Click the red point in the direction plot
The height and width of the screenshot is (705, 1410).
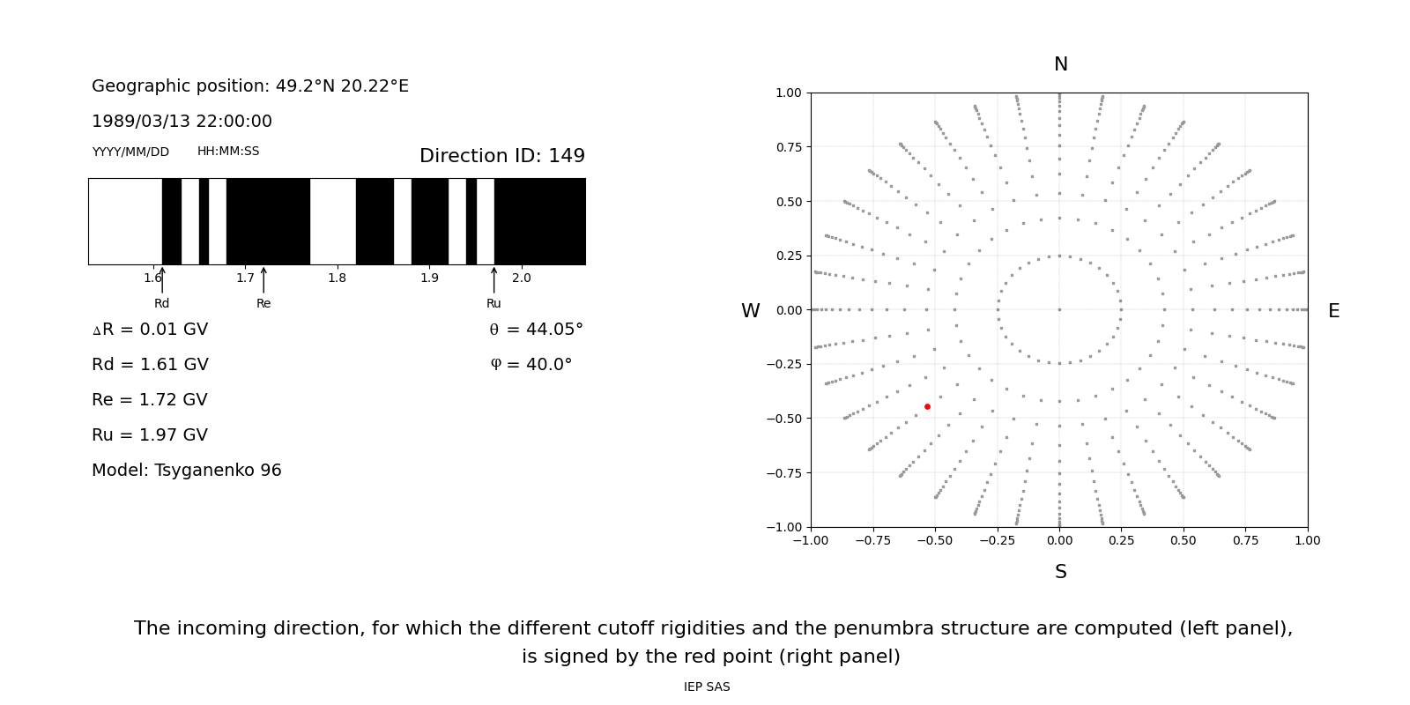927,406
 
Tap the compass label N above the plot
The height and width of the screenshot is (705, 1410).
1060,64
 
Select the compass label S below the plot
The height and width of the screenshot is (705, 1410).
1060,572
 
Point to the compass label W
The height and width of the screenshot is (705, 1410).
750,311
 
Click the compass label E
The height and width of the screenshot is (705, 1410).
1333,311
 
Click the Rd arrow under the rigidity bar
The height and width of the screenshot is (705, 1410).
162,280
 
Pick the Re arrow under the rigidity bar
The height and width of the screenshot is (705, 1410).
263,280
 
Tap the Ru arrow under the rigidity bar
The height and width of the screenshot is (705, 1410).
493,280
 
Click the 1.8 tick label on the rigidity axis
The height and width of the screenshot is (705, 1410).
337,278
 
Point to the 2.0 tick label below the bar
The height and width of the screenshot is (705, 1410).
521,278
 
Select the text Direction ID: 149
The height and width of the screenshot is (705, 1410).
501,156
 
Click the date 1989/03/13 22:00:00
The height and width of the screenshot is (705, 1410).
182,122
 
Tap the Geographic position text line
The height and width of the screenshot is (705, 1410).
250,86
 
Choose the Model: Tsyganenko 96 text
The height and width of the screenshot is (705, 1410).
187,471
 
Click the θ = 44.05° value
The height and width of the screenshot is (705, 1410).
536,330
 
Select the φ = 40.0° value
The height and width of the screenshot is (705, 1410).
531,365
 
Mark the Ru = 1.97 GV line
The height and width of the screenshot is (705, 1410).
150,435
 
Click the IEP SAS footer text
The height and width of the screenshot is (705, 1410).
707,687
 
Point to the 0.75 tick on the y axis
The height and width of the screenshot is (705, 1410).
789,147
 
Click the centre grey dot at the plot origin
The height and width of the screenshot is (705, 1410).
1059,309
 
